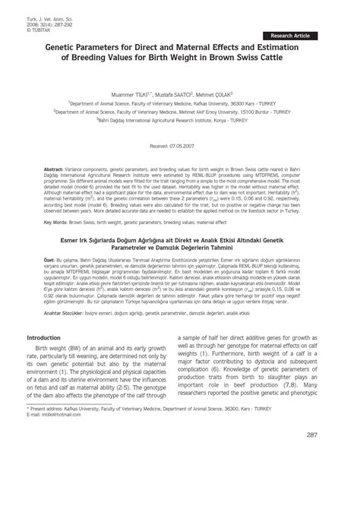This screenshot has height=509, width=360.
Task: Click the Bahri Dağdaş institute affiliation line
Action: [179, 119]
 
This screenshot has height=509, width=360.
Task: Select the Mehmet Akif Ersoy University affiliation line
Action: [179, 110]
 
